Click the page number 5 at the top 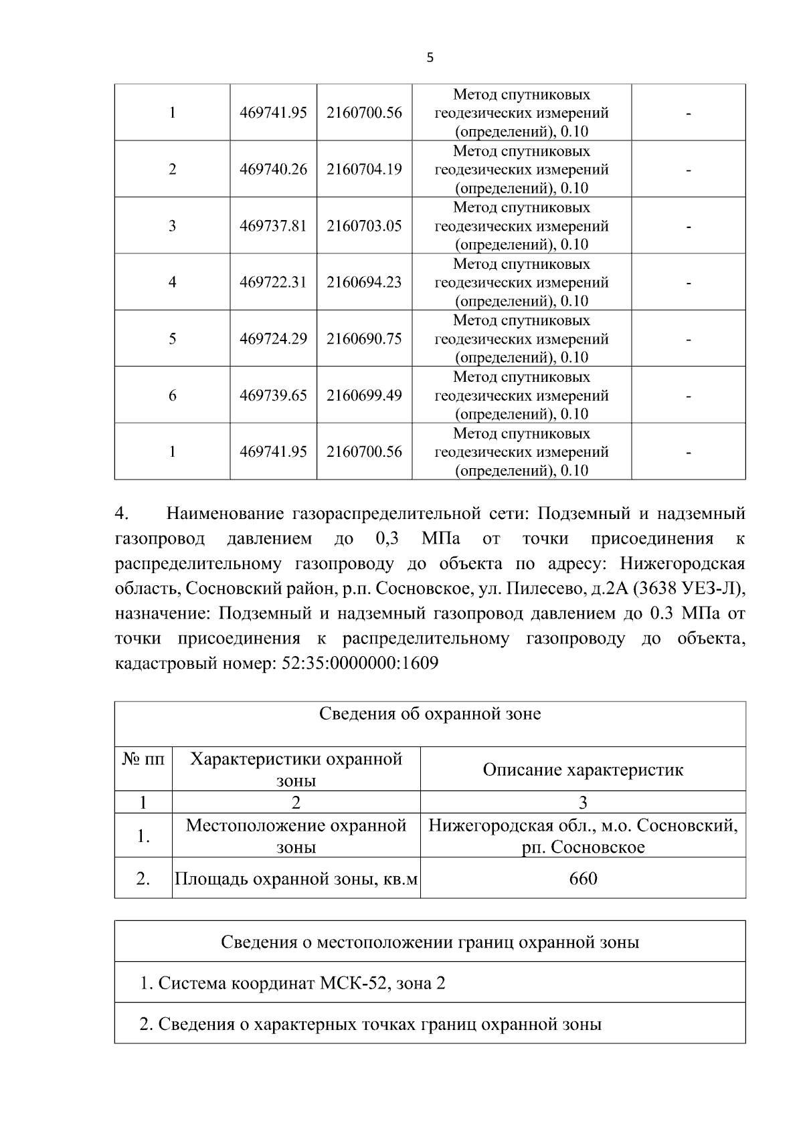[430, 58]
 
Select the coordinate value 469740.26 [273, 169]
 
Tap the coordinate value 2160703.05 [364, 226]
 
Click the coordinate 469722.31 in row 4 [273, 282]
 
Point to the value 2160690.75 [364, 339]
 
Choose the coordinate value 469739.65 [273, 395]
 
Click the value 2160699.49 [364, 395]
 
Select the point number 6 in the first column [172, 395]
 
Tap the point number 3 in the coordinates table [172, 226]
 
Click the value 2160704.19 [364, 169]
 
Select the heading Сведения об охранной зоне [430, 714]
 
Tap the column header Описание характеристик [583, 770]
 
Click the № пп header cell [143, 760]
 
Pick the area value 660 [583, 878]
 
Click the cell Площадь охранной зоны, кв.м [296, 878]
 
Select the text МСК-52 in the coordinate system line [355, 983]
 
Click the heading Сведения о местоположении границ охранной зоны [430, 942]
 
